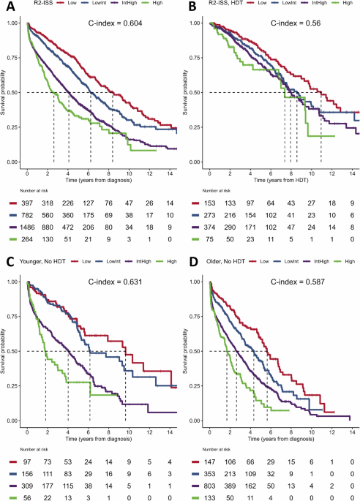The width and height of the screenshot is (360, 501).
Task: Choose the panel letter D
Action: (187, 264)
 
